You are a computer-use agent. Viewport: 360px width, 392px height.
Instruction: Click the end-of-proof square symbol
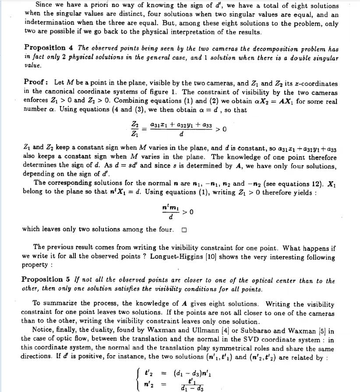coord(184,230)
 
